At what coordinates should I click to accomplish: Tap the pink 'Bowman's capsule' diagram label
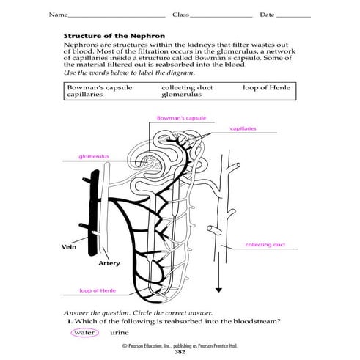point(175,117)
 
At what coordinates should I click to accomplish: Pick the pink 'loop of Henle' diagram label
point(81,291)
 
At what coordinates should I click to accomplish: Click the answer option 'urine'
point(119,332)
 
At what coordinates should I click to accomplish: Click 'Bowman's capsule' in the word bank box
point(92,87)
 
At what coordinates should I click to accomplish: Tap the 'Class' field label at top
point(180,15)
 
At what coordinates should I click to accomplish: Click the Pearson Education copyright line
point(180,345)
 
